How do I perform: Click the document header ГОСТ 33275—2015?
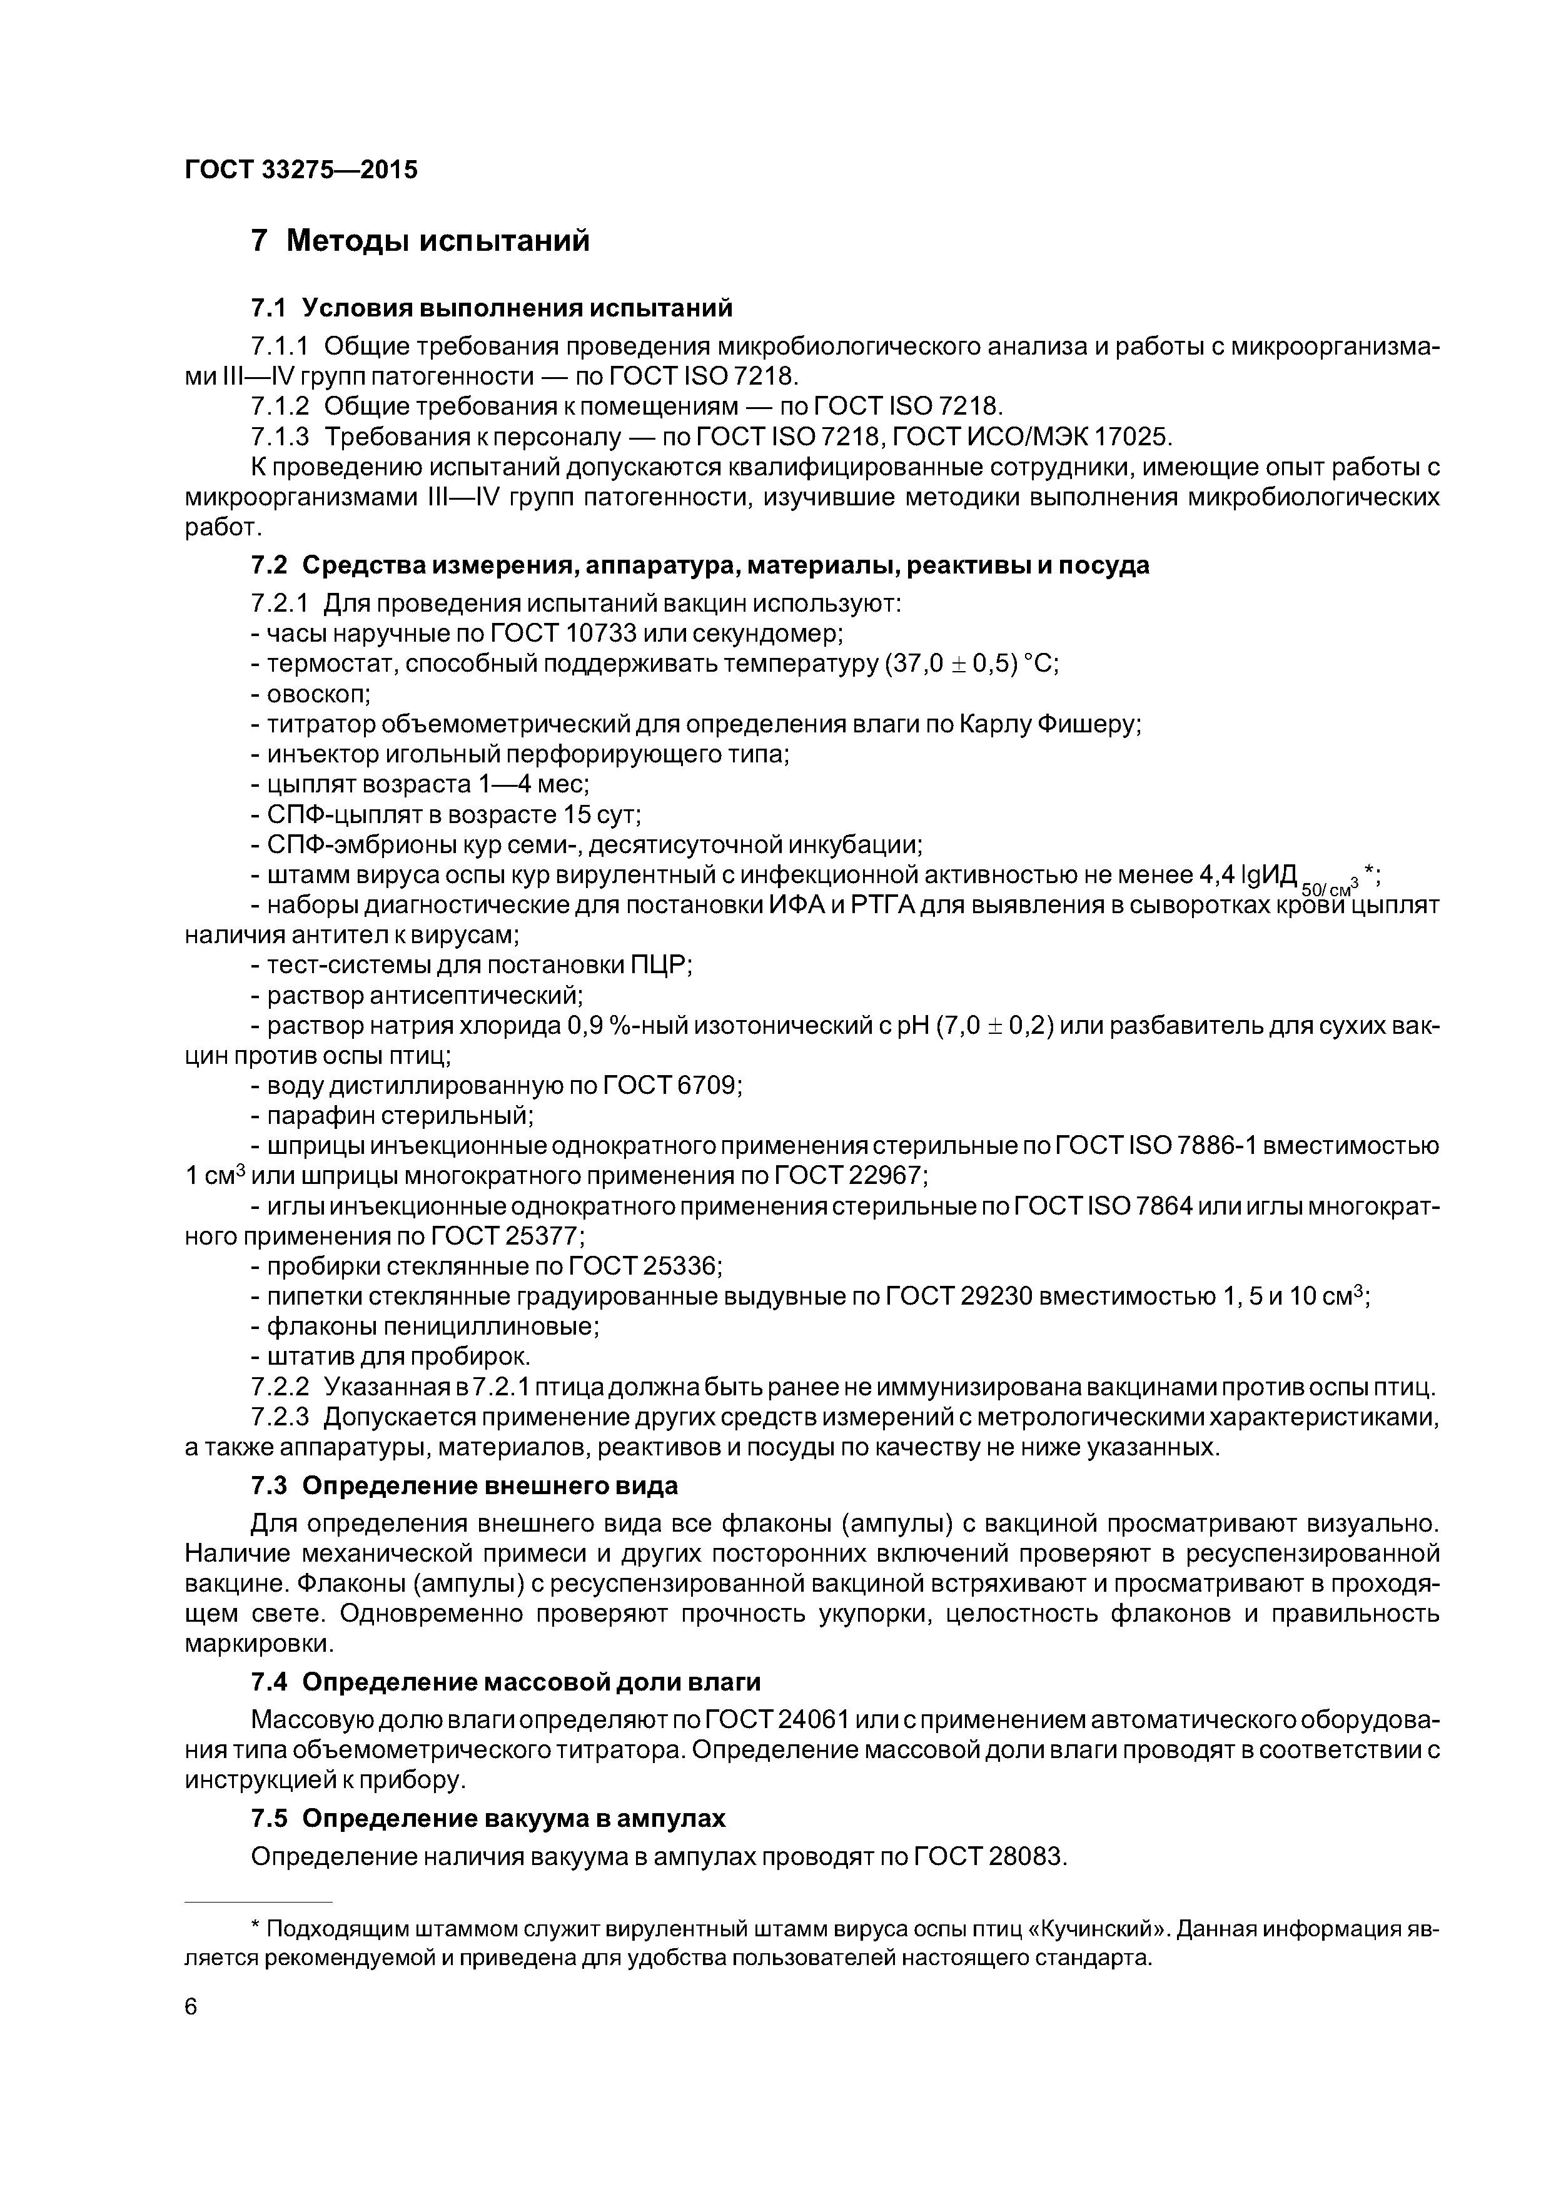(301, 170)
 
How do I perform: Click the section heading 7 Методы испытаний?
(420, 241)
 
